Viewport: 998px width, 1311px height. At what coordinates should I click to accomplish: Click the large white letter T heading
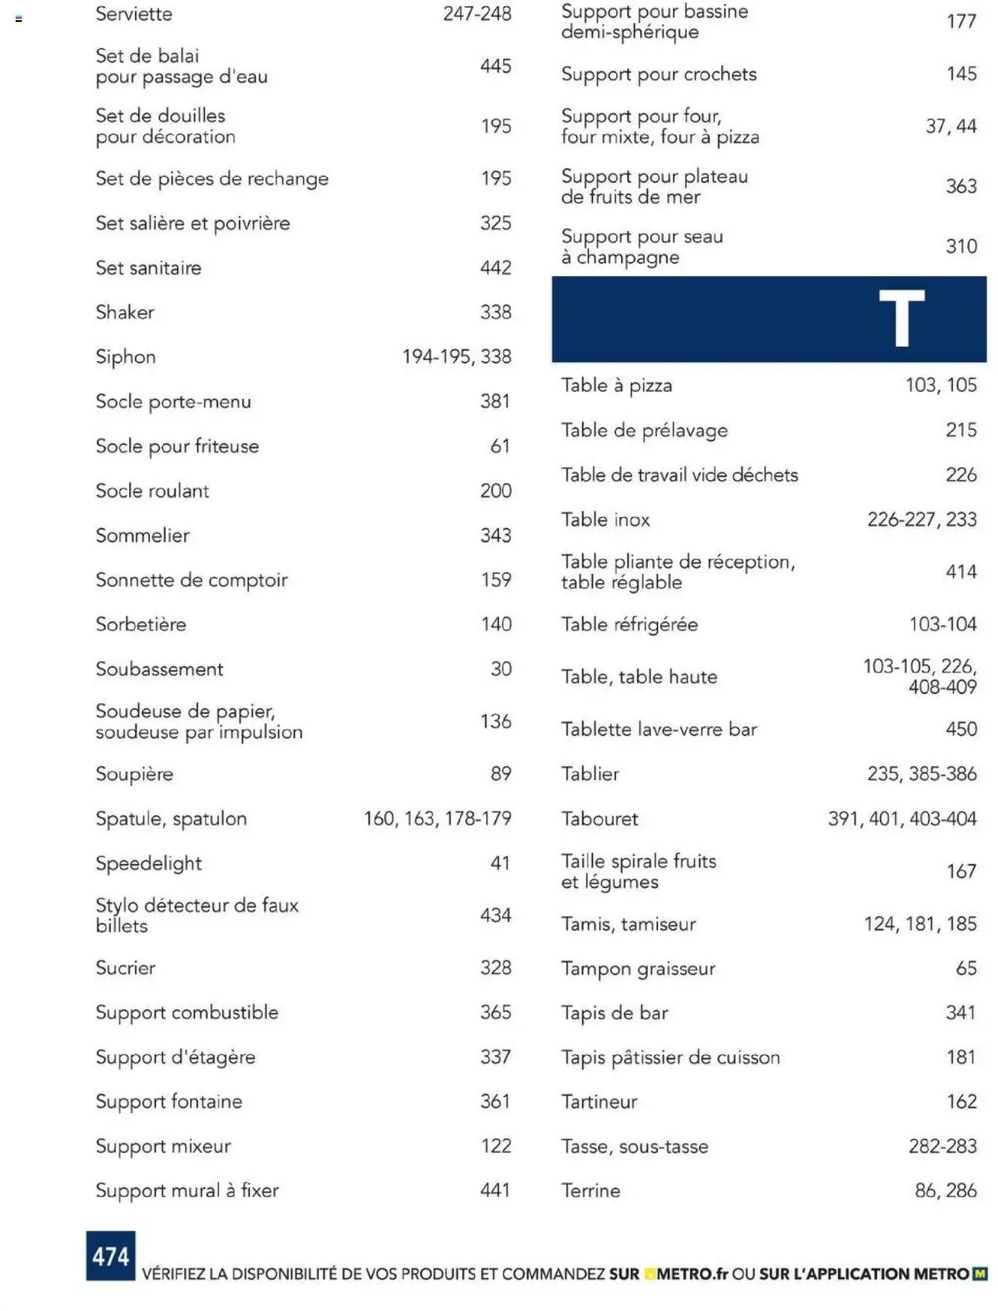tap(901, 318)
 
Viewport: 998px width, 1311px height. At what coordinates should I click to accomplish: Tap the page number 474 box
tap(111, 1256)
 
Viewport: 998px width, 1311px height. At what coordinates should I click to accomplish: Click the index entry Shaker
tap(125, 313)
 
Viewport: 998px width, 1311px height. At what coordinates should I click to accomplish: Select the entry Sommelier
tap(143, 535)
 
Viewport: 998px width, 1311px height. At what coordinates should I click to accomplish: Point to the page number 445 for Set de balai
tap(495, 66)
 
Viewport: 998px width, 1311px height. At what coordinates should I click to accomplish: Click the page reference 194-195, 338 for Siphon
tap(457, 357)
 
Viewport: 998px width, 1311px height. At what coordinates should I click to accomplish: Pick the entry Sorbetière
tap(141, 624)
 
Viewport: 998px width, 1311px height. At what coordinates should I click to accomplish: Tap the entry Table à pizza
tap(616, 385)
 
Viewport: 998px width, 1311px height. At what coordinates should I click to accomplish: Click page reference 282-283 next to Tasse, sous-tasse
tap(942, 1146)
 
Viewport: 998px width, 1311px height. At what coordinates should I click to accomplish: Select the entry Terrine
tap(590, 1190)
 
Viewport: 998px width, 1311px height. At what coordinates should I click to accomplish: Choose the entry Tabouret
tap(599, 818)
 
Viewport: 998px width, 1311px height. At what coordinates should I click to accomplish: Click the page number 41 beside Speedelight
tap(500, 863)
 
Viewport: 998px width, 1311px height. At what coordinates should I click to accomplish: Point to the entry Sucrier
tap(126, 967)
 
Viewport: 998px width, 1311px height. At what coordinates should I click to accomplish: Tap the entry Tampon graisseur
tap(638, 968)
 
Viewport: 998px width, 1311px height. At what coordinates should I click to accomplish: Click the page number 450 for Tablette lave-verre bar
tap(961, 729)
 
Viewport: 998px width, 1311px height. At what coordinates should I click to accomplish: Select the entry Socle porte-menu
tap(173, 401)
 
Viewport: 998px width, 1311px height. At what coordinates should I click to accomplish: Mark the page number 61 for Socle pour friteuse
tap(500, 446)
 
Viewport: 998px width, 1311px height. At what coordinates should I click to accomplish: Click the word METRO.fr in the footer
tap(692, 1274)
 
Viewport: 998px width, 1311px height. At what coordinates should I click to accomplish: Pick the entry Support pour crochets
tap(659, 74)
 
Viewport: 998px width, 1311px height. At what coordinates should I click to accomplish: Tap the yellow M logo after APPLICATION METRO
tap(979, 1274)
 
